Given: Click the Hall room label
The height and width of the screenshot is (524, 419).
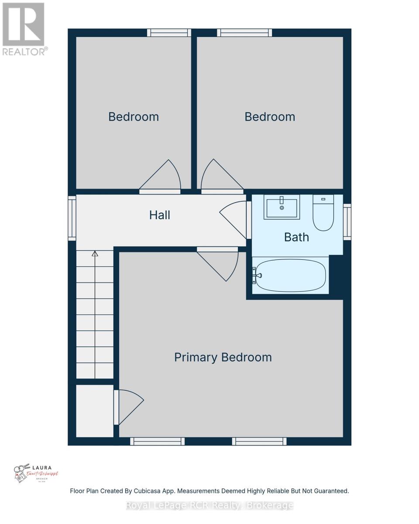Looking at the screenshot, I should [x=160, y=215].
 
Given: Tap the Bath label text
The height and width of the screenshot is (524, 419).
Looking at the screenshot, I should [x=296, y=237].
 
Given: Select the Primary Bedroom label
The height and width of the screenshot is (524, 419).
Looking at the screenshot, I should [x=223, y=357].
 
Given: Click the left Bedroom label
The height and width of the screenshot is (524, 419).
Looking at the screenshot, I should [x=134, y=117].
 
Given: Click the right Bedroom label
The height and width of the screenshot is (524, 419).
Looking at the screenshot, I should [x=270, y=117].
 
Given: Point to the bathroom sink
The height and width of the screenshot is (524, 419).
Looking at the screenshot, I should [x=282, y=207].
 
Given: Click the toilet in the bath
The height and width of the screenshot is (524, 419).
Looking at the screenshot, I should [x=323, y=214].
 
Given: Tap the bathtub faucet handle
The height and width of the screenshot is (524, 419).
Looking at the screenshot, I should [x=256, y=276].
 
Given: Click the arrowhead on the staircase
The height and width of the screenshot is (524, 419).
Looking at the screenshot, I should [x=95, y=254].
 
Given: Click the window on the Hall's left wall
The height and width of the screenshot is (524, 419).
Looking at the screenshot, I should [x=72, y=218].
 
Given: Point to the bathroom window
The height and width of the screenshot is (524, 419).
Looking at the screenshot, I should [x=347, y=222].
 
